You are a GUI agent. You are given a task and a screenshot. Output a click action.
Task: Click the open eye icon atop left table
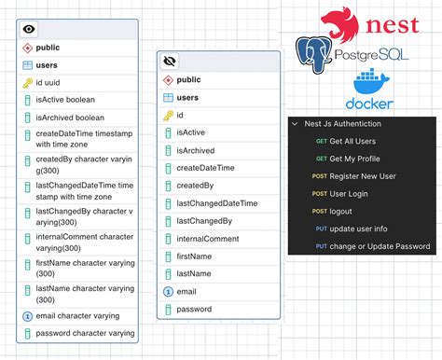point(29,29)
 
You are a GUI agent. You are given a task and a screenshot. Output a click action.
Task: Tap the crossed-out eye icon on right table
point(170,62)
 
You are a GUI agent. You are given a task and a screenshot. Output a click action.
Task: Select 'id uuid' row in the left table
point(57,83)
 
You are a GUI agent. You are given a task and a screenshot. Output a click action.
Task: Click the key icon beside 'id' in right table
point(167,115)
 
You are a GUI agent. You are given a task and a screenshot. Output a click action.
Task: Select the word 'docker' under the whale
point(368,104)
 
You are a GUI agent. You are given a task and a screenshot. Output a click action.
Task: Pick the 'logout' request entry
point(342,212)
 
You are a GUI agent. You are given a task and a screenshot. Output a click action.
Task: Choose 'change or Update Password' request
point(380,246)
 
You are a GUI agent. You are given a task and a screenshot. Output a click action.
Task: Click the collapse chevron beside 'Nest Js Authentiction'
point(295,124)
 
